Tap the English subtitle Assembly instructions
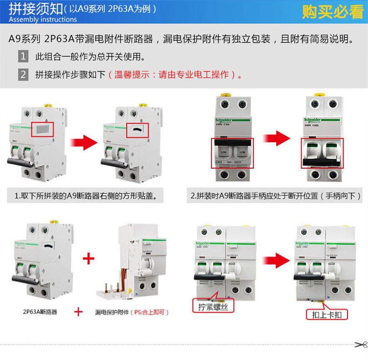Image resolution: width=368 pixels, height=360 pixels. point(43,20)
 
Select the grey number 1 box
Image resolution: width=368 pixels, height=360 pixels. point(23,57)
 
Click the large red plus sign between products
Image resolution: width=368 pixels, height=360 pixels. point(88,259)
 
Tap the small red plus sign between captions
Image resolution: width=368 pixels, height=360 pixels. point(78,312)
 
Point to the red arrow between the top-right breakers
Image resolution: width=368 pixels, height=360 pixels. point(277,137)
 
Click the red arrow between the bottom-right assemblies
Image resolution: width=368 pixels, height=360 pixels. point(276,261)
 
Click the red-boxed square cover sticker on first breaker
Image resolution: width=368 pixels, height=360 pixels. point(42,129)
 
